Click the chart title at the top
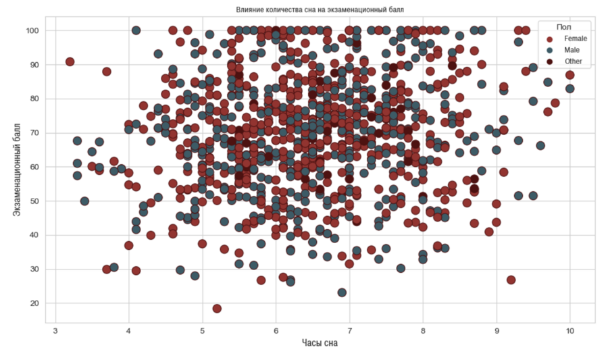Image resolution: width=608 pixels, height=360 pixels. tap(320, 9)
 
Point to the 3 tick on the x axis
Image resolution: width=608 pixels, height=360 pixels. tap(55, 331)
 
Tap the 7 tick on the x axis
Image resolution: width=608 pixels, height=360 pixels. tap(349, 331)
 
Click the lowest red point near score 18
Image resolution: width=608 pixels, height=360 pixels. tap(217, 309)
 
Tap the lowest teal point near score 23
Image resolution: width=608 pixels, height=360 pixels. tap(342, 292)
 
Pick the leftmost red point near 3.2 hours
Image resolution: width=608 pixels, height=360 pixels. tap(70, 61)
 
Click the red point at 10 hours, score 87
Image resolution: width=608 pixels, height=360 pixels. tap(569, 75)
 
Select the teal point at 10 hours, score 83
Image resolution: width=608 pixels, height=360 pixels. tap(569, 88)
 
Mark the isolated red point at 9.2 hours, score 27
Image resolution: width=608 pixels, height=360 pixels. tap(511, 280)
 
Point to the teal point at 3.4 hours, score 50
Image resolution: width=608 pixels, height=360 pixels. tap(84, 201)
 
